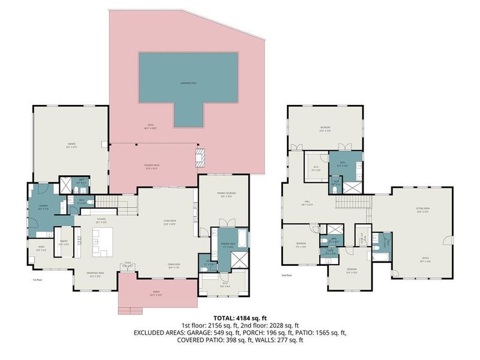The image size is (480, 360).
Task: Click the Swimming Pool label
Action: (188, 82)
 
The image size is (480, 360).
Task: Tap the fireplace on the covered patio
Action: (200, 158)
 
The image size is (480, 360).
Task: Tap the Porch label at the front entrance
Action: (155, 294)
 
